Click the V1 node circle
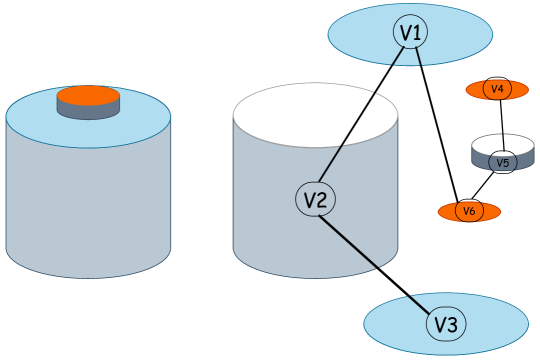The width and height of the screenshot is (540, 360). [410, 33]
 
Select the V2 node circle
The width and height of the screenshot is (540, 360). [315, 200]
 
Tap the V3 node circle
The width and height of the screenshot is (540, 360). [446, 324]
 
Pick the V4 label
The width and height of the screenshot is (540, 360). [497, 89]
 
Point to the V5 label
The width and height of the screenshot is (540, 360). [503, 162]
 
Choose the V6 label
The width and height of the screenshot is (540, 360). [469, 211]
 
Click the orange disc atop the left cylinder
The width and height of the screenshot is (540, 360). [88, 96]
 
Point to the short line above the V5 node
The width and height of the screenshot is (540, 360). [503, 142]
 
